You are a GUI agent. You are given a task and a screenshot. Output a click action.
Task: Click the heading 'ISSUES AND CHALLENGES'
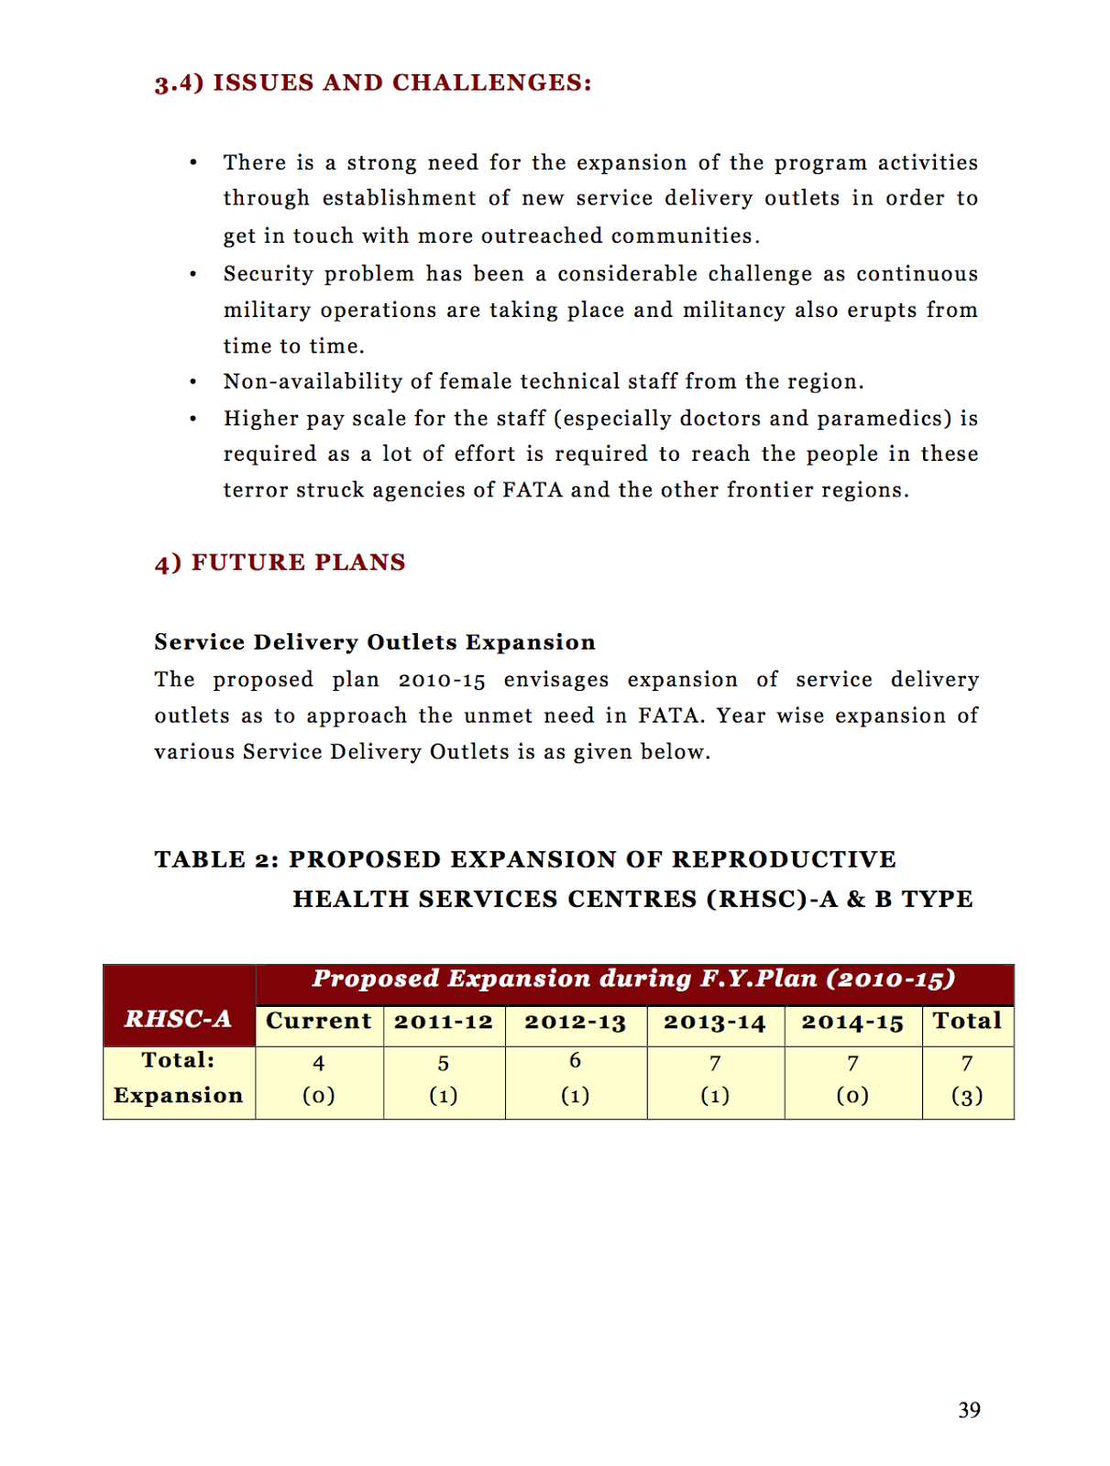point(401,83)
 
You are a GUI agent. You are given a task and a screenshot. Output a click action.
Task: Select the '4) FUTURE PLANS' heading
point(280,563)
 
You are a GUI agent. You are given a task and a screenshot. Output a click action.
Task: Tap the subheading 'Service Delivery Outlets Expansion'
point(375,642)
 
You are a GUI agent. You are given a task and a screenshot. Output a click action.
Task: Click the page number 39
point(969,1410)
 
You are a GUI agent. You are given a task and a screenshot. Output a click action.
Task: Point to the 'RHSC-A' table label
point(179,1019)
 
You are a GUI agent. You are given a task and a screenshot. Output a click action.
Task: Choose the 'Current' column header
point(319,1022)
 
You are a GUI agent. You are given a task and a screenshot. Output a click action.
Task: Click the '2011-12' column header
point(444,1022)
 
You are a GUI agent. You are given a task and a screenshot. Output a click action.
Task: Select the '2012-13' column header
point(576,1022)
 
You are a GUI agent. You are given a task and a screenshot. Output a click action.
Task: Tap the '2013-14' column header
point(715,1022)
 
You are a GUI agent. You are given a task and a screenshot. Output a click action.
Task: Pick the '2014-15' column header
point(852,1022)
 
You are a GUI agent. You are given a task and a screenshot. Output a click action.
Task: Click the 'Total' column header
point(967,1021)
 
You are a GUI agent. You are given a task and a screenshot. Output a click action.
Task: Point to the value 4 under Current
point(319,1063)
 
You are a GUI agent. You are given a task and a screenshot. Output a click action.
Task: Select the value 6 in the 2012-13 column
point(576,1061)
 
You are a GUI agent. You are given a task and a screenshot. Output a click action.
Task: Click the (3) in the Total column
point(967,1096)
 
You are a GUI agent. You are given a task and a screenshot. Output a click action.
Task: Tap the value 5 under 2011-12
point(444,1064)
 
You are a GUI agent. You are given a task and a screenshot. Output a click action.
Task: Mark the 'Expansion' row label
point(179,1096)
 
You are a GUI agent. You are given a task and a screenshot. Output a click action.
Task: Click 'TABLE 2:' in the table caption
point(216,859)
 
